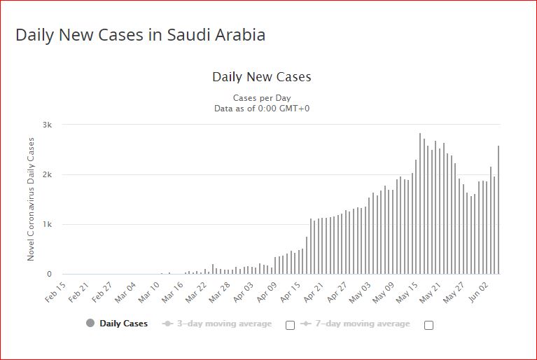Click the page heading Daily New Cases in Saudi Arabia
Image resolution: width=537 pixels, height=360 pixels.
140,35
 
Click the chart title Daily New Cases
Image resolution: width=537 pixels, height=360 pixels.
261,76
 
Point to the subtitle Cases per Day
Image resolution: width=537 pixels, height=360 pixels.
262,98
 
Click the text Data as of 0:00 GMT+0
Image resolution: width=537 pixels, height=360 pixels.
262,109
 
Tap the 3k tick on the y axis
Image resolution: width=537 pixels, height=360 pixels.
48,125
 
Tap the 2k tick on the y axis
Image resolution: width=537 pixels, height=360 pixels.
48,174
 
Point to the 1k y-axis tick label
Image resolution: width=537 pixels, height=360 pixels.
48,224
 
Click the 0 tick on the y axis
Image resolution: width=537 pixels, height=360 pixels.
49,275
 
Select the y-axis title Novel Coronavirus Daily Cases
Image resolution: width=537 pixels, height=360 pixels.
31,200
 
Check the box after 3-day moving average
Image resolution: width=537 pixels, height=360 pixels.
290,324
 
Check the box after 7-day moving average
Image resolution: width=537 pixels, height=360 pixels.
428,324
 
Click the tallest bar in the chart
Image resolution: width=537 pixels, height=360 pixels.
419,203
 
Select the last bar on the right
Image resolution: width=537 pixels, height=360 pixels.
498,210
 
